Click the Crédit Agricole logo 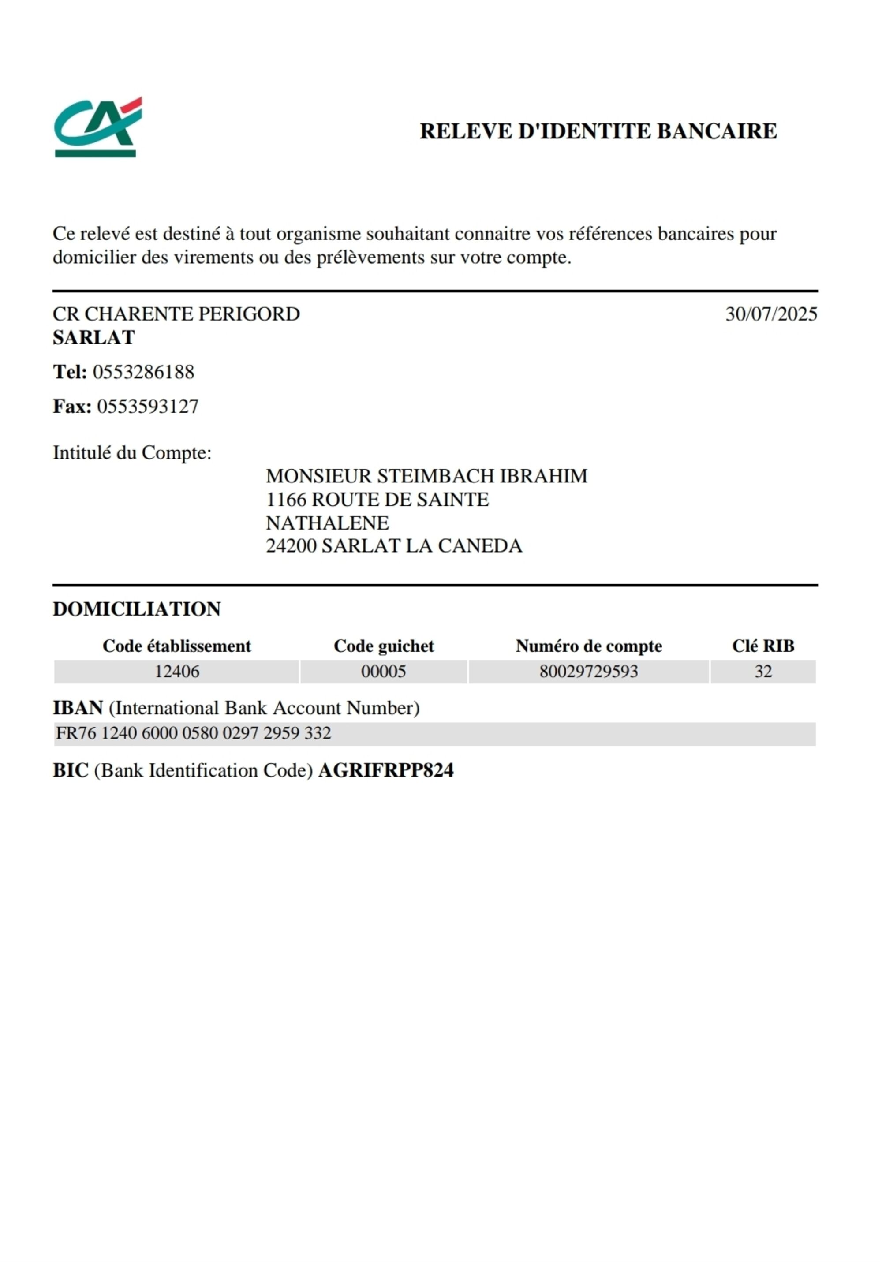[97, 127]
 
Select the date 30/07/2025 [771, 314]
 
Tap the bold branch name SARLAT [93, 337]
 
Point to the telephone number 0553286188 [143, 372]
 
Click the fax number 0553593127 [148, 407]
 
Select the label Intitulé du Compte [132, 453]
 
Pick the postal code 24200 [291, 546]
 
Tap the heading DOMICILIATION [136, 609]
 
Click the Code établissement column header [176, 646]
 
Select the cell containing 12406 [176, 672]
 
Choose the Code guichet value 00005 [383, 672]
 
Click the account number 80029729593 [588, 672]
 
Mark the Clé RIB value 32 [762, 672]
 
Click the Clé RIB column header [762, 646]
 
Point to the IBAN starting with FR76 [194, 733]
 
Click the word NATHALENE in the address [327, 523]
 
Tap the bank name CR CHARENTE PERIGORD [176, 314]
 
